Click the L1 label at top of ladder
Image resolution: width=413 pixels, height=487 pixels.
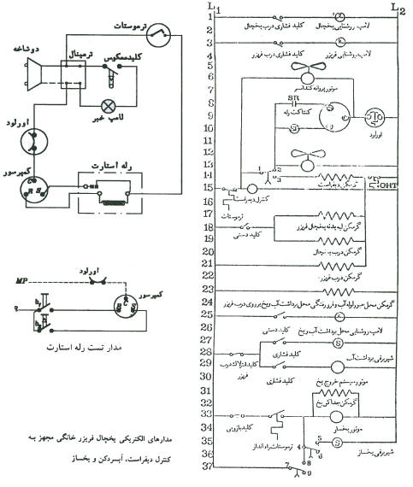point(213,8)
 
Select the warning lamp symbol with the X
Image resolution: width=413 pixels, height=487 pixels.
point(109,106)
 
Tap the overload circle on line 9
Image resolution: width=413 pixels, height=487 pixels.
point(376,118)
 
